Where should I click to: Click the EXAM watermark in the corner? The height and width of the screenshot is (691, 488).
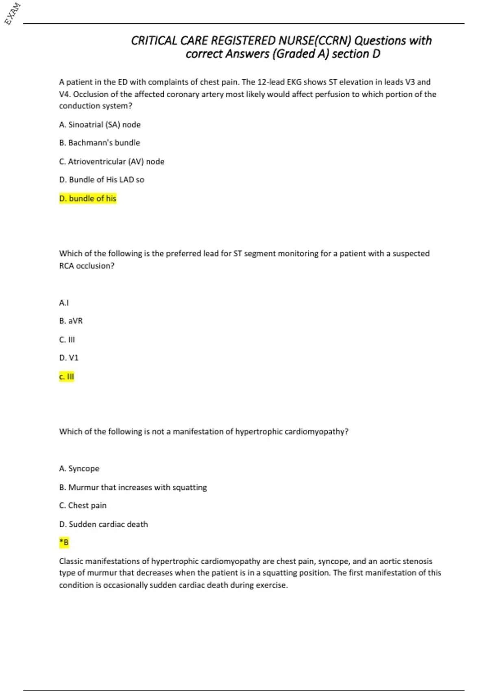[x=13, y=13]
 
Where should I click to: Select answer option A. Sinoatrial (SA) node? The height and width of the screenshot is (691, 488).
[x=100, y=125]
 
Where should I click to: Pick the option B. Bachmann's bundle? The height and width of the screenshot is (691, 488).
[x=99, y=143]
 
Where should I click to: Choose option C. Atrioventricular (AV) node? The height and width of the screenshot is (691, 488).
[x=111, y=161]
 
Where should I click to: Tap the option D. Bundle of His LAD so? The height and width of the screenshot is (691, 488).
[x=101, y=180]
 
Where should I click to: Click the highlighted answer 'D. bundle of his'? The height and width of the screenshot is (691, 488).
[x=87, y=198]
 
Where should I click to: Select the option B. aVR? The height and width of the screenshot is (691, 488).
[x=71, y=321]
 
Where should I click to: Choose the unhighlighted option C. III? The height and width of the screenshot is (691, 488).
[x=67, y=339]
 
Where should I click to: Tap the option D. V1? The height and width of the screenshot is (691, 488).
[x=68, y=358]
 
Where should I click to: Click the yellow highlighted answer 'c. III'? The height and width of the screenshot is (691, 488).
[x=66, y=376]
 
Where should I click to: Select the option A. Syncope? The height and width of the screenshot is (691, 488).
[x=79, y=469]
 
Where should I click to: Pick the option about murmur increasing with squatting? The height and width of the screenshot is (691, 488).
[x=133, y=487]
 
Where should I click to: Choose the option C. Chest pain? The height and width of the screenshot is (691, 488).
[x=83, y=505]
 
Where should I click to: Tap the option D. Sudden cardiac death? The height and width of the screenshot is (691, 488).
[x=103, y=524]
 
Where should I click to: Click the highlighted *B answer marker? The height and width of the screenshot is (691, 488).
[x=64, y=542]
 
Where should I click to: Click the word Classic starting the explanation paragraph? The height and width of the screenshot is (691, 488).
[x=72, y=561]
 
